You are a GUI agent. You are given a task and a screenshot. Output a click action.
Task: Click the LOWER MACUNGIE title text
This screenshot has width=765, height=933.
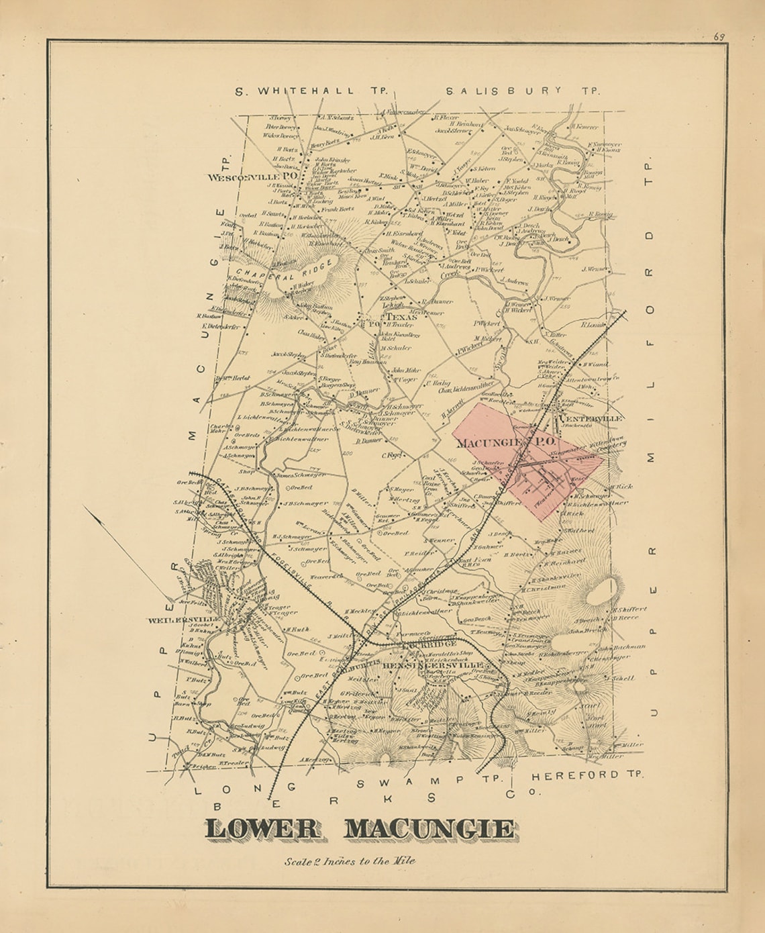pos(360,830)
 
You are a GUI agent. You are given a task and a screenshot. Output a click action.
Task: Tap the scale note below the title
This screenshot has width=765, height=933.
pos(349,861)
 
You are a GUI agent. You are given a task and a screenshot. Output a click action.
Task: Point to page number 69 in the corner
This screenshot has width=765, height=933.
pos(719,37)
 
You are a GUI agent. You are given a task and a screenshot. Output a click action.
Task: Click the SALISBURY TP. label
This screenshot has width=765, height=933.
pos(523,90)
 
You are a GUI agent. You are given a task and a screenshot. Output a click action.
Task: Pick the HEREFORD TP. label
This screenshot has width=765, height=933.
pos(588,775)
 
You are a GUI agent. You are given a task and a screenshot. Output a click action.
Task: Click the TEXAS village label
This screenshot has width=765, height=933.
pos(401,317)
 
